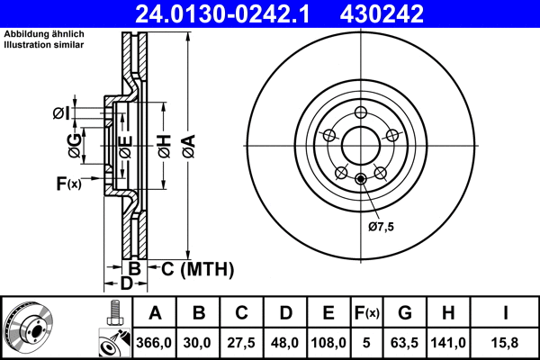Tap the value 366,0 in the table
click(155, 342)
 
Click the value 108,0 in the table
click(328, 342)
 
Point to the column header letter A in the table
click(155, 313)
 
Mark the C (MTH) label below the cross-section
click(197, 268)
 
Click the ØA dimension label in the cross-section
click(187, 141)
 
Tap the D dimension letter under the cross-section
click(127, 284)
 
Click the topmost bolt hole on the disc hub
click(361, 112)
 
